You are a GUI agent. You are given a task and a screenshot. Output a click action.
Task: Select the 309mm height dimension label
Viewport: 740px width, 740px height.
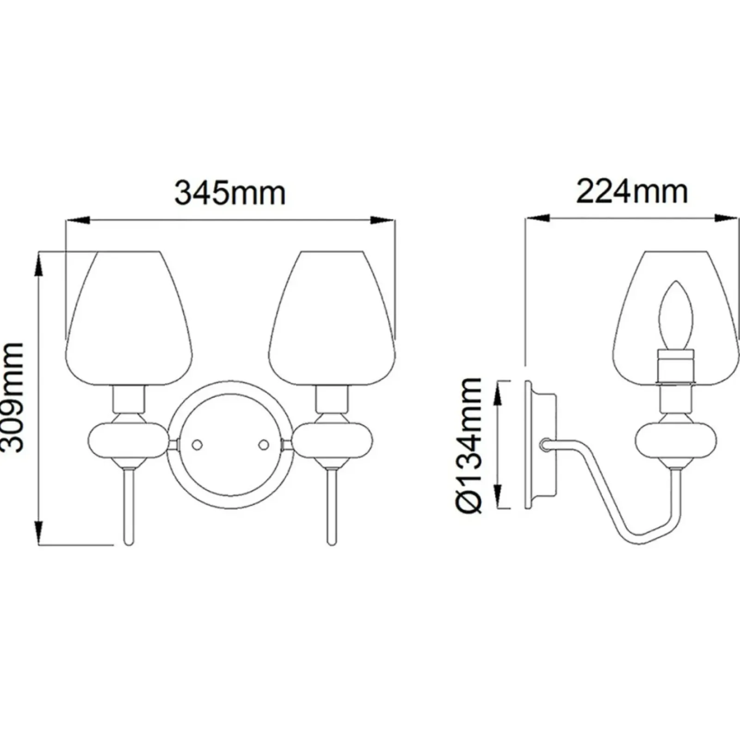(12, 397)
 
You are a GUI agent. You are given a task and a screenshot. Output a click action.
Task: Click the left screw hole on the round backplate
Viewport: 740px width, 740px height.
(197, 445)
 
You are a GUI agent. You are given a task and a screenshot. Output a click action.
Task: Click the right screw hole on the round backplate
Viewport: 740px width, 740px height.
(264, 445)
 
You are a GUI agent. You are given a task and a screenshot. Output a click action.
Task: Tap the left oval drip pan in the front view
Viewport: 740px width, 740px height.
(129, 444)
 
